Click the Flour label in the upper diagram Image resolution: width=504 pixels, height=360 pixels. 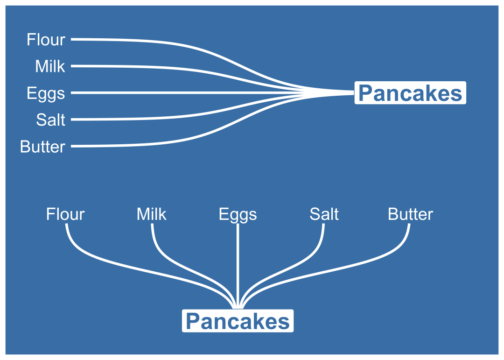pyautogui.click(x=46, y=40)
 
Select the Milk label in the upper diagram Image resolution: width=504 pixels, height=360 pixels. pyautogui.click(x=50, y=66)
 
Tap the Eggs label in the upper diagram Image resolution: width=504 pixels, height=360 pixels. pyautogui.click(x=46, y=93)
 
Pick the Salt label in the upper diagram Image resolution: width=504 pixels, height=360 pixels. pyautogui.click(x=50, y=120)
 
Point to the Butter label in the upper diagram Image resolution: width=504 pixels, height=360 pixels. pyautogui.click(x=42, y=147)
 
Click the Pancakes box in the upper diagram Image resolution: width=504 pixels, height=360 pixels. pyautogui.click(x=410, y=93)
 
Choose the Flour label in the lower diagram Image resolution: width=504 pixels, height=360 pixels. pyautogui.click(x=65, y=214)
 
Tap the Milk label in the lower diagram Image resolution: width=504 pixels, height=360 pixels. pyautogui.click(x=151, y=214)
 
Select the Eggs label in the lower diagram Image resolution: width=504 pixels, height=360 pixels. pyautogui.click(x=238, y=215)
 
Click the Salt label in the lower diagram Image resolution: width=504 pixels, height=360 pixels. pyautogui.click(x=324, y=214)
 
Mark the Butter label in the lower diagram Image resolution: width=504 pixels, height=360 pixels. pyautogui.click(x=410, y=214)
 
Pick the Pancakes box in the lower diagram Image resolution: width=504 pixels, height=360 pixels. pyautogui.click(x=238, y=321)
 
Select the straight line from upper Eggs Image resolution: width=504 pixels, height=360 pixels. pyautogui.click(x=187, y=93)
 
